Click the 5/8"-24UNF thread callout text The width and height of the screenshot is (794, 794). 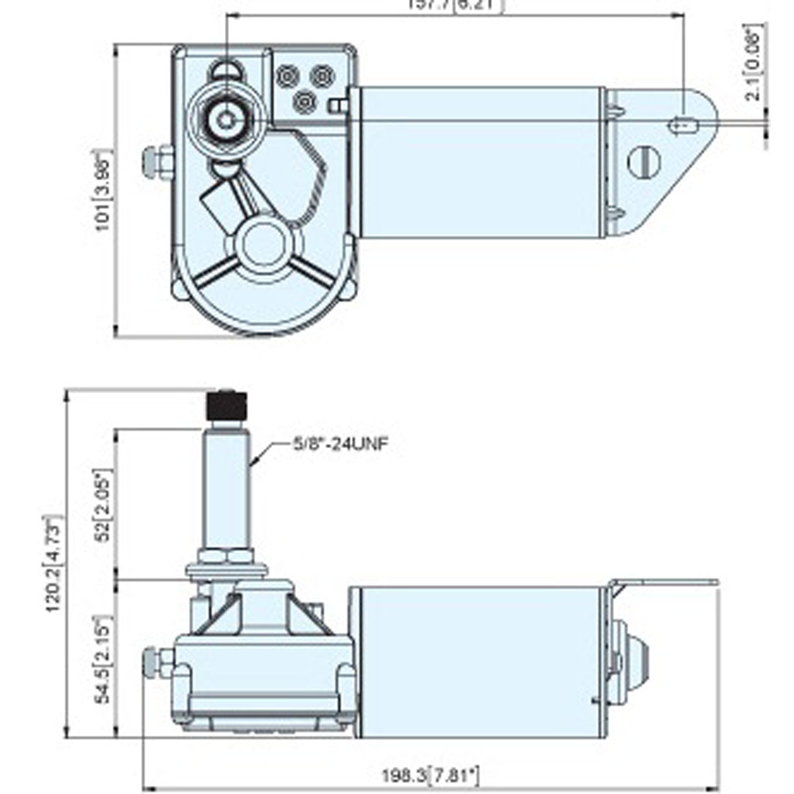(339, 444)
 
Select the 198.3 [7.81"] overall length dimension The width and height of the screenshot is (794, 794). (430, 775)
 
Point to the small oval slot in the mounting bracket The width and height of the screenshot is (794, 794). (684, 124)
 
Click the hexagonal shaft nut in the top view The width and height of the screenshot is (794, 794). (227, 121)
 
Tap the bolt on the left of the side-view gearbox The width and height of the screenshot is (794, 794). (157, 663)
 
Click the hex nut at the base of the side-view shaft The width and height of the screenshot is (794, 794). (227, 554)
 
